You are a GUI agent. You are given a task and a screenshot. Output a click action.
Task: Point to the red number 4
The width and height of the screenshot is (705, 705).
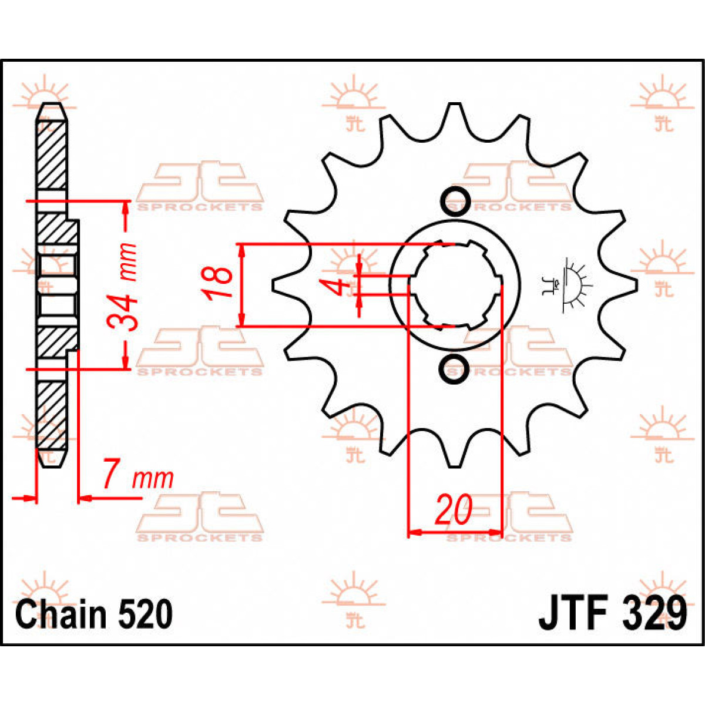tap(335, 287)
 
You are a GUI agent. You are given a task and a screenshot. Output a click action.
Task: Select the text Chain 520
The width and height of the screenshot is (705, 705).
tap(94, 615)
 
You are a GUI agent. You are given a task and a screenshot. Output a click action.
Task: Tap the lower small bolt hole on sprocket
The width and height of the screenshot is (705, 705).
tap(454, 368)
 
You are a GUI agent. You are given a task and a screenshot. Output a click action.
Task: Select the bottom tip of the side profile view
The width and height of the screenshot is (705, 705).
tap(51, 461)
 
